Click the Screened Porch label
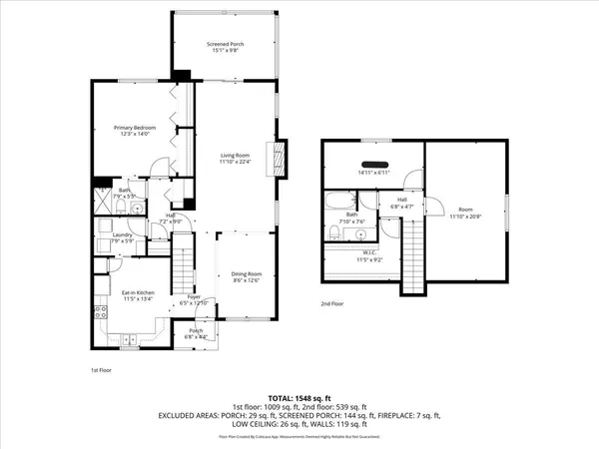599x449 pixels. tap(225, 45)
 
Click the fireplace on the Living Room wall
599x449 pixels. tap(281, 156)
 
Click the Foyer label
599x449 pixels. tap(196, 296)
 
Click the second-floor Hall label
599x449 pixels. tap(402, 200)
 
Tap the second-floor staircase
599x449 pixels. tap(414, 249)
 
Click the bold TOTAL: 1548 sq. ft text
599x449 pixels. tap(299, 398)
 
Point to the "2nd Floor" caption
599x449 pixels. tap(333, 302)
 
